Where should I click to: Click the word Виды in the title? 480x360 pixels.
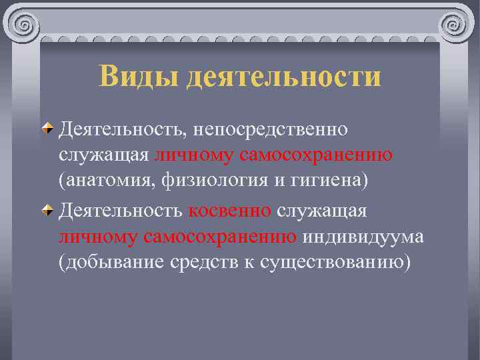coord(139,77)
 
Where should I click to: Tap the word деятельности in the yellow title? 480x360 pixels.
coord(284,77)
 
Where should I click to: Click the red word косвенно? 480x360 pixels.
coord(229,211)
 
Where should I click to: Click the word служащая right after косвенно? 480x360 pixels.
coord(321,211)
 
